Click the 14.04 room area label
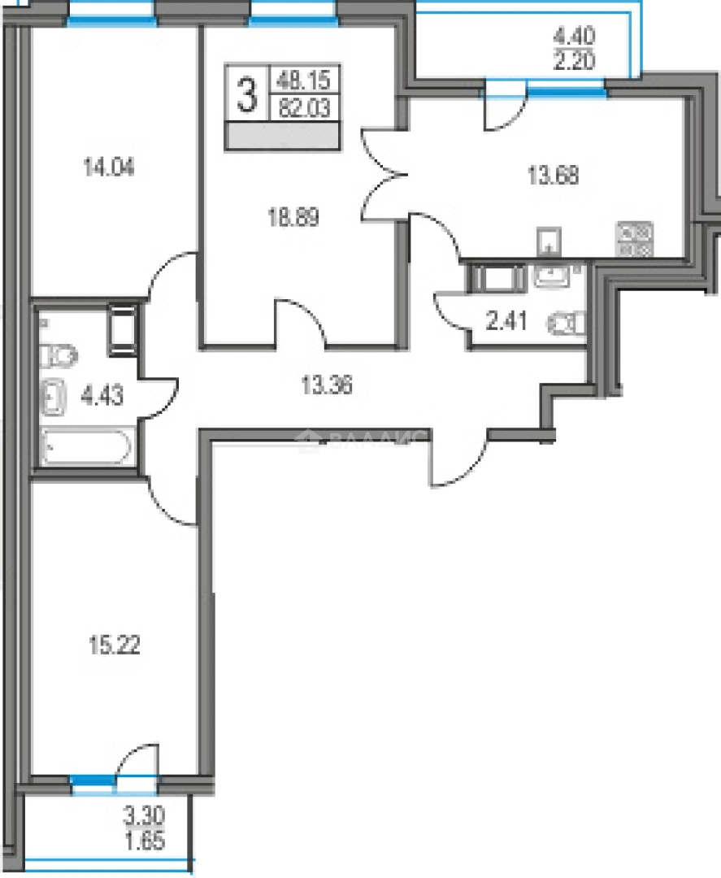click(108, 169)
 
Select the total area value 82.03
click(306, 108)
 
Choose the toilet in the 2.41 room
click(567, 323)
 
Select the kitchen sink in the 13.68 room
click(550, 241)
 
